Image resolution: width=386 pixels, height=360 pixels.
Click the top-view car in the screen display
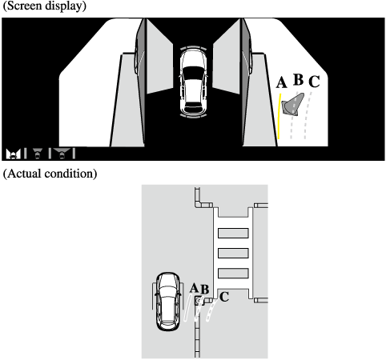[194, 82]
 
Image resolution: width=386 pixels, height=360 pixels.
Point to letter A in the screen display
[282, 82]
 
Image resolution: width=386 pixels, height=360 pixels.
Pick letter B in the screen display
[299, 79]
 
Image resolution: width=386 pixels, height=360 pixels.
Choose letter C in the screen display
[314, 82]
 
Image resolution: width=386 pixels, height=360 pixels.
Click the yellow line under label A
[279, 116]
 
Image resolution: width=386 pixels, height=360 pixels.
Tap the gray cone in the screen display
[293, 105]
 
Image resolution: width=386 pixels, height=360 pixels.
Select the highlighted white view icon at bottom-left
[13, 154]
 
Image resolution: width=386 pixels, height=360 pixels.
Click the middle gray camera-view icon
[38, 154]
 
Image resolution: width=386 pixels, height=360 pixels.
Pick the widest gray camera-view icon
[62, 154]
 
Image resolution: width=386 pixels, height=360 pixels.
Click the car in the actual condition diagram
[167, 302]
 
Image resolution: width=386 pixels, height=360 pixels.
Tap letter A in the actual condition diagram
[195, 288]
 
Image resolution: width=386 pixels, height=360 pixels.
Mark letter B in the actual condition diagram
[204, 290]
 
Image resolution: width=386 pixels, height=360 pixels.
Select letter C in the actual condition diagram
[224, 297]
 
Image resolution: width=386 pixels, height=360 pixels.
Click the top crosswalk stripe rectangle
[233, 233]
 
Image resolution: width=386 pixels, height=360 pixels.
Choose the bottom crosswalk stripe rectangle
[233, 273]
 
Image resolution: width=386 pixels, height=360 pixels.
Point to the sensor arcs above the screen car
[193, 48]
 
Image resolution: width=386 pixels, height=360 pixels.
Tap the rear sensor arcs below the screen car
[194, 115]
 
